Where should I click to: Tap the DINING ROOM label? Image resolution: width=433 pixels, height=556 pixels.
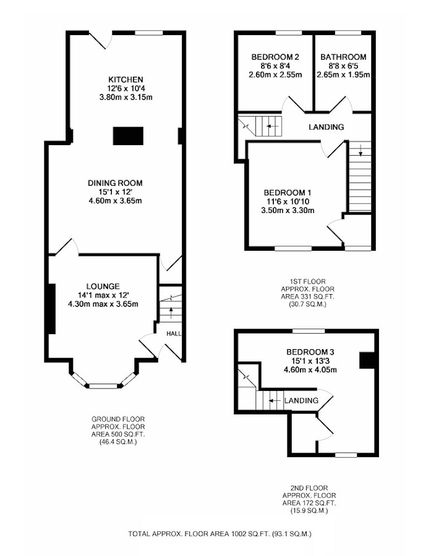(x=115, y=183)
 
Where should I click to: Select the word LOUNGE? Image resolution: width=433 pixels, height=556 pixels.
(x=103, y=286)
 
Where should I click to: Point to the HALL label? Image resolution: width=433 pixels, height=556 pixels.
(x=174, y=334)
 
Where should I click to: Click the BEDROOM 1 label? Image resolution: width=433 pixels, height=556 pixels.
(x=288, y=192)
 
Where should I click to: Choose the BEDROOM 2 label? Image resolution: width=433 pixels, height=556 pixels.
(x=275, y=57)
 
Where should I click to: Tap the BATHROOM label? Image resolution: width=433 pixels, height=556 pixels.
(x=343, y=57)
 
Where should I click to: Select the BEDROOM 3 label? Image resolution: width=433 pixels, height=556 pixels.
(x=310, y=352)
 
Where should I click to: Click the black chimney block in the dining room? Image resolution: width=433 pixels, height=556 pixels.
(x=128, y=136)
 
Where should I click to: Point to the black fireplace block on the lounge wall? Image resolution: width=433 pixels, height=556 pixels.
(x=52, y=309)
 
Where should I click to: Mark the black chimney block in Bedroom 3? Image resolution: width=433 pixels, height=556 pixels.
(x=367, y=360)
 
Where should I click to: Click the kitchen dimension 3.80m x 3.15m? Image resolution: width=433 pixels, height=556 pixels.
(x=126, y=97)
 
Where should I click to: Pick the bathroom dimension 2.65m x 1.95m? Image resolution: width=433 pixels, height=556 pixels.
(x=343, y=75)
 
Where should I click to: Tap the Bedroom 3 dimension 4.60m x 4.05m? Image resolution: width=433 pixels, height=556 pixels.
(x=310, y=370)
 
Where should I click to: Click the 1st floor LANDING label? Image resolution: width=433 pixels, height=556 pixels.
(x=326, y=127)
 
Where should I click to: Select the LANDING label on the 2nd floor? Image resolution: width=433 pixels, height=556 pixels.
(x=301, y=400)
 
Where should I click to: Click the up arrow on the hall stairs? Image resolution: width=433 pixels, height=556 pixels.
(x=171, y=314)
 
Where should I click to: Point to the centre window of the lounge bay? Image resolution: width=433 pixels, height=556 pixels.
(x=103, y=386)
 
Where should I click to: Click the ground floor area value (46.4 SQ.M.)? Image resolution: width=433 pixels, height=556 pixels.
(x=118, y=442)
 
